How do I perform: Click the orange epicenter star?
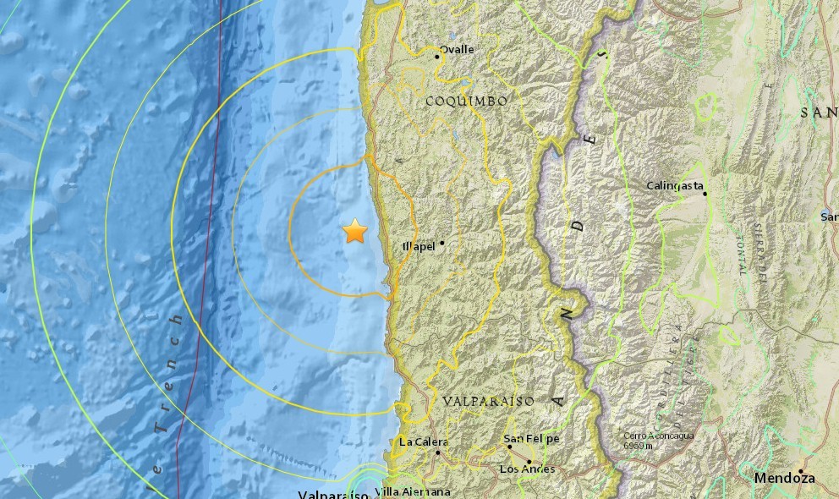tap(355, 232)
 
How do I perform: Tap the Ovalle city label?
tap(457, 49)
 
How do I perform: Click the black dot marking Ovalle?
tap(437, 57)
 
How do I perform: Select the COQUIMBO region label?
tap(466, 101)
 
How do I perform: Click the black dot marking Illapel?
tap(441, 243)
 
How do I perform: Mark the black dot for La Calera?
tap(438, 452)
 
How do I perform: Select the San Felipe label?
tap(531, 438)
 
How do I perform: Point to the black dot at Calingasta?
tap(705, 194)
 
